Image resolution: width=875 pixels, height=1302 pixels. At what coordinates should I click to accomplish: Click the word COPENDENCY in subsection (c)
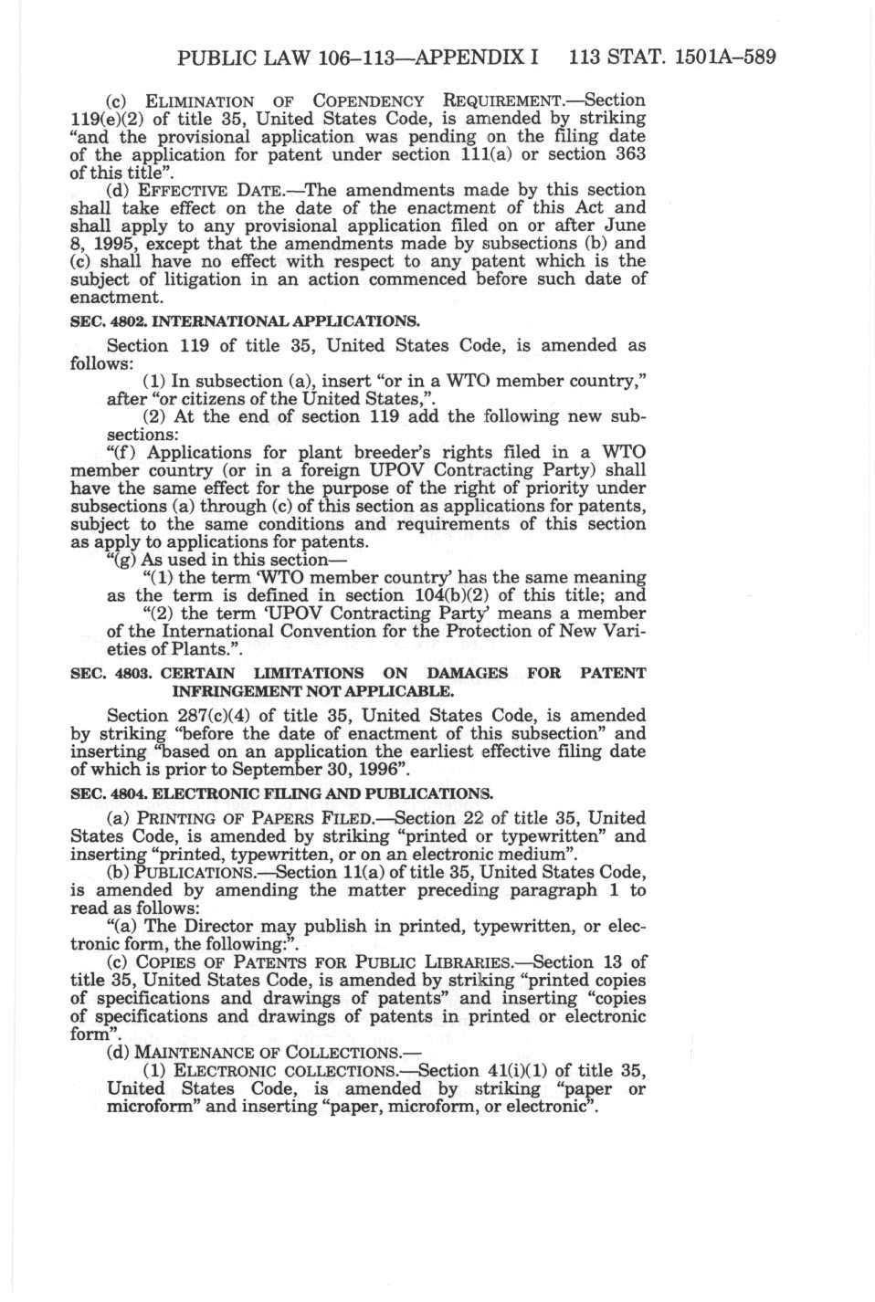click(368, 100)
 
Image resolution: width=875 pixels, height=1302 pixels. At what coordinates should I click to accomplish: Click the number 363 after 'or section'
click(627, 154)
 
